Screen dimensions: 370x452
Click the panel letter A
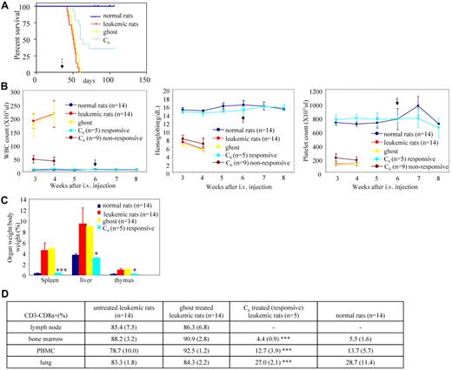(5, 6)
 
